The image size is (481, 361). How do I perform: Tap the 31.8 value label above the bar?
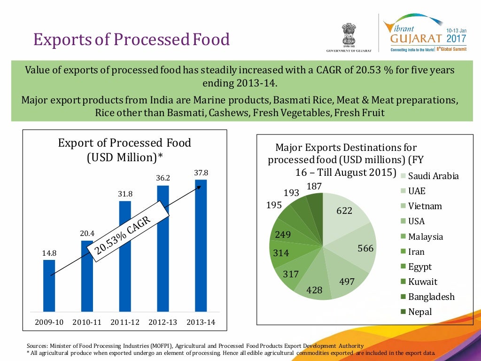(125, 194)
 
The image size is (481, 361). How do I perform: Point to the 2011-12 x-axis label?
(125, 322)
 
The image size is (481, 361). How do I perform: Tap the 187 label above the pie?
(314, 187)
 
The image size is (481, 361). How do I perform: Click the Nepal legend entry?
(419, 312)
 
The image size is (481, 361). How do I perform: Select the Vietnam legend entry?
(425, 206)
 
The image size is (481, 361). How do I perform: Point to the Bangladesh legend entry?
(431, 297)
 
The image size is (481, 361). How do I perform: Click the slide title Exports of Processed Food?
(132, 39)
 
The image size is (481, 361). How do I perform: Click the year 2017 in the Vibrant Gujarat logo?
(456, 37)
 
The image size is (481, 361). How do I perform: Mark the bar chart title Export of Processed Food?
(124, 143)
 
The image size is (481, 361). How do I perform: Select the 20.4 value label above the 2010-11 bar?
(87, 233)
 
